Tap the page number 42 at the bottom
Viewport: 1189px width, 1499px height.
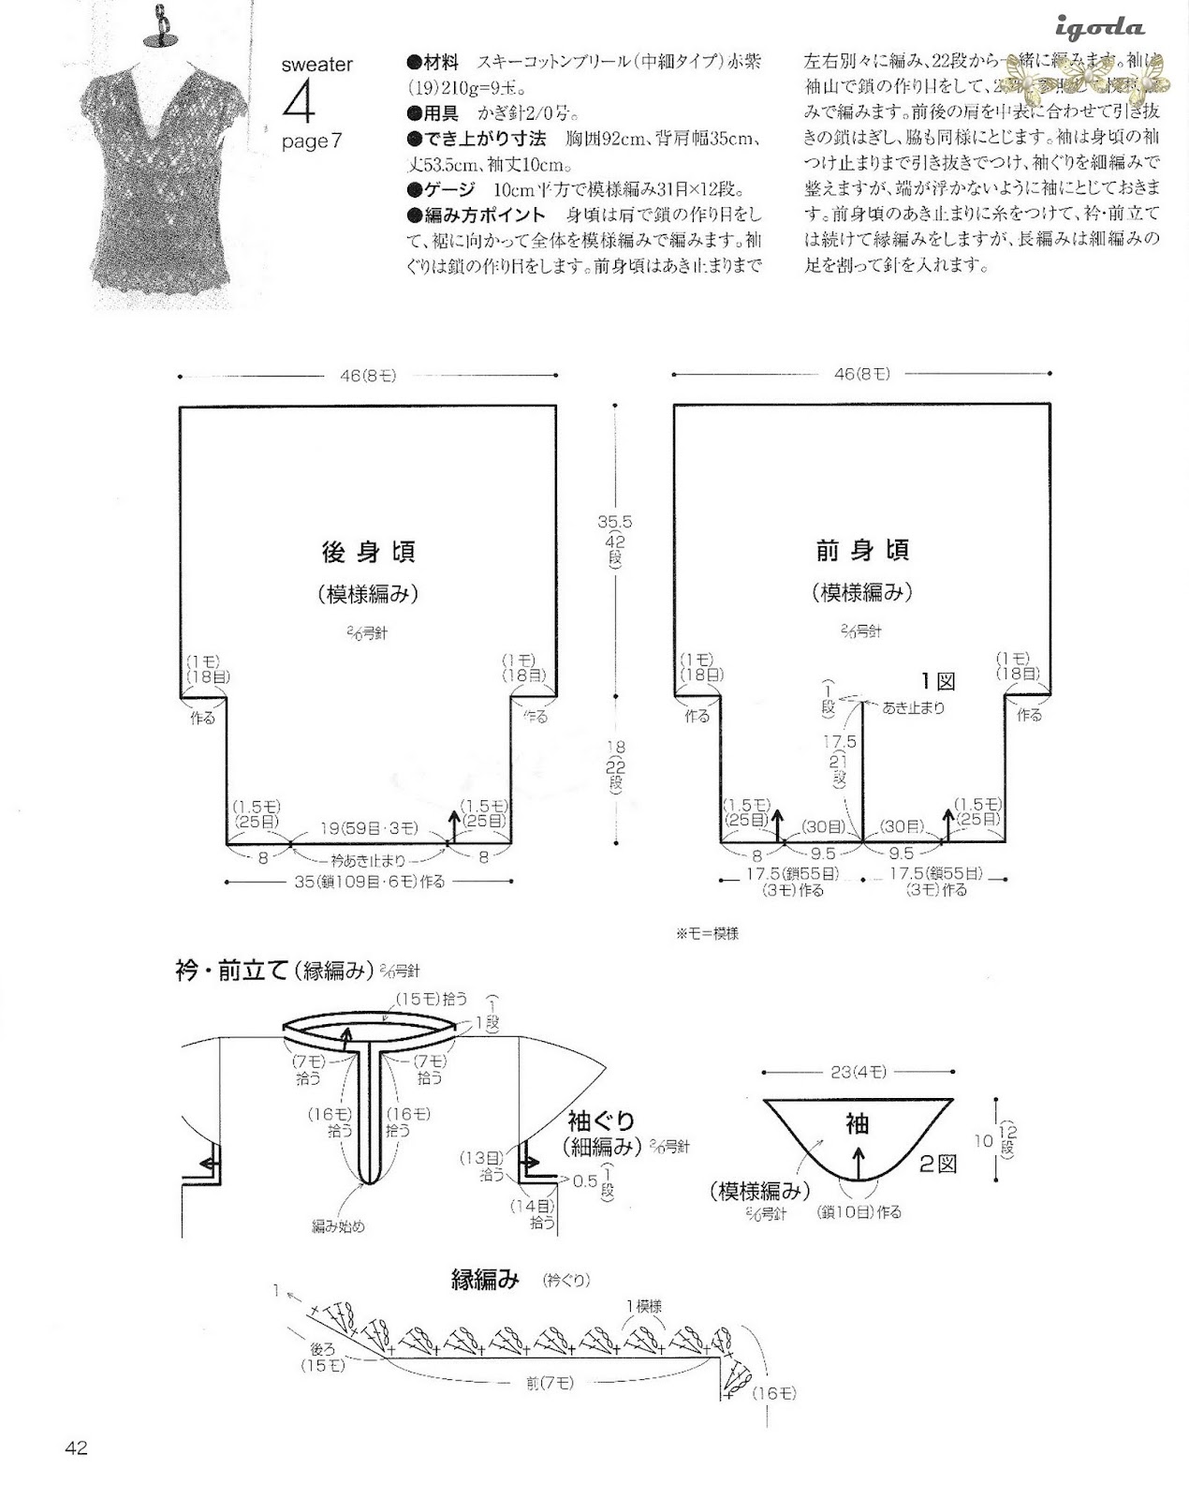click(76, 1448)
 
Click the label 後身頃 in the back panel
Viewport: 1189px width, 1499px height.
click(368, 552)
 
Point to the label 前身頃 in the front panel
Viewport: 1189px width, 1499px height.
click(862, 551)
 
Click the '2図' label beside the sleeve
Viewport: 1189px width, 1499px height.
click(937, 1165)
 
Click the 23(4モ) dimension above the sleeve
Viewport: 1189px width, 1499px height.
click(858, 1071)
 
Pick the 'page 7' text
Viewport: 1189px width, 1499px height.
click(312, 141)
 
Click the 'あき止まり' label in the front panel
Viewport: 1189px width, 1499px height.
click(913, 707)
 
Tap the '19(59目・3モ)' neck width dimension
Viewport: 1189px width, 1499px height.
click(367, 829)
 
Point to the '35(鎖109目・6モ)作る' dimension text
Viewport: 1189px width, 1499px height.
click(369, 882)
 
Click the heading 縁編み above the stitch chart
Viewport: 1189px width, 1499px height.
click(485, 1280)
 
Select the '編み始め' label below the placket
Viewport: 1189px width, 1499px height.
click(338, 1225)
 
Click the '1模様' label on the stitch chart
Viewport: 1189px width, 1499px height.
click(646, 1304)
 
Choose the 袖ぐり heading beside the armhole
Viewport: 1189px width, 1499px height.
click(601, 1121)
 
